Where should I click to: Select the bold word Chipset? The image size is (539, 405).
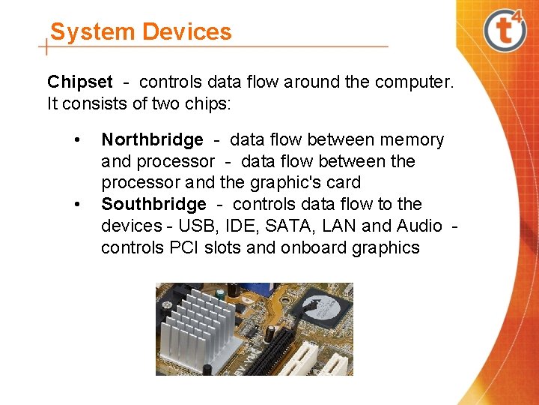(x=80, y=82)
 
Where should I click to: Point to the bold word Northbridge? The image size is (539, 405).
(x=152, y=139)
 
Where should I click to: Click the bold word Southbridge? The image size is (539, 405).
(x=153, y=204)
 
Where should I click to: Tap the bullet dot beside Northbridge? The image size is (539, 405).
(x=76, y=140)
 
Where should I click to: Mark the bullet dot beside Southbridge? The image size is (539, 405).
(x=76, y=205)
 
